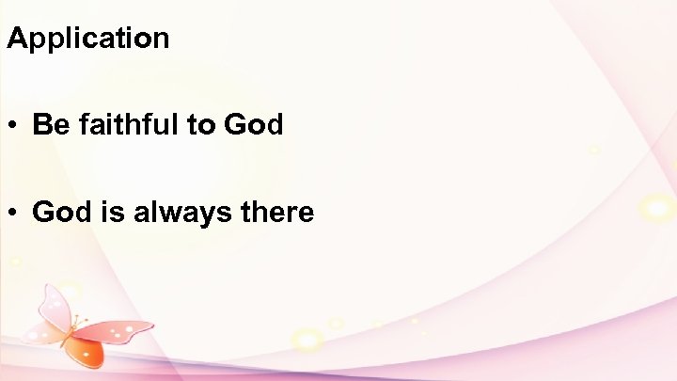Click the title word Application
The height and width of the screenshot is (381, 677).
point(87,40)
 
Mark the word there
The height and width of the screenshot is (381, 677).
point(276,213)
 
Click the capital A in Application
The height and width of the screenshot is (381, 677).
point(16,39)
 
